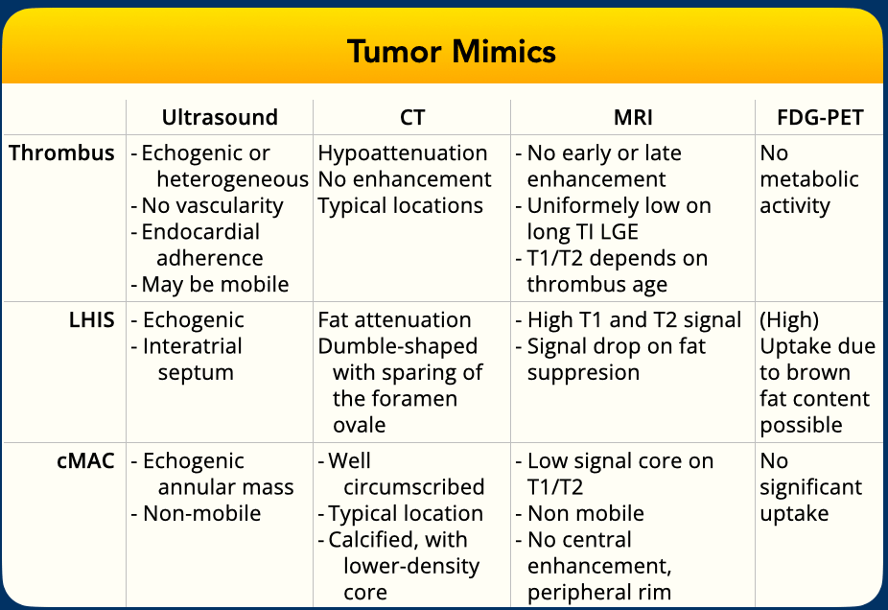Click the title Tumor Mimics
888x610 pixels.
[x=452, y=52]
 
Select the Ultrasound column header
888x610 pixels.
[x=220, y=117]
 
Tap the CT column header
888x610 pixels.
[x=412, y=117]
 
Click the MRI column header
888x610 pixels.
[x=633, y=117]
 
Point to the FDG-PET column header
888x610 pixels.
[x=820, y=117]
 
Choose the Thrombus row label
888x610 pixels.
[x=61, y=152]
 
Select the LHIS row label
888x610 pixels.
[x=92, y=320]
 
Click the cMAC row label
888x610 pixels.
[x=85, y=461]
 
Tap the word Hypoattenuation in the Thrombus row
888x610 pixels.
[x=403, y=153]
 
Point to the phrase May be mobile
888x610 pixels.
[x=215, y=284]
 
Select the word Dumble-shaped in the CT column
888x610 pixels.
[x=398, y=346]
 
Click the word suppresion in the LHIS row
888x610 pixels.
[x=583, y=373]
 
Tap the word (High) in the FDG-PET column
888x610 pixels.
[x=789, y=320]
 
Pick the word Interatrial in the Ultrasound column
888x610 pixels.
[x=193, y=346]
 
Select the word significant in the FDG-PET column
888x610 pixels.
[x=811, y=487]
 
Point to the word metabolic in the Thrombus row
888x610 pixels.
[x=809, y=179]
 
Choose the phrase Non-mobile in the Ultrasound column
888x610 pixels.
[x=202, y=514]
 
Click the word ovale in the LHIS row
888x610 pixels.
[x=359, y=425]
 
